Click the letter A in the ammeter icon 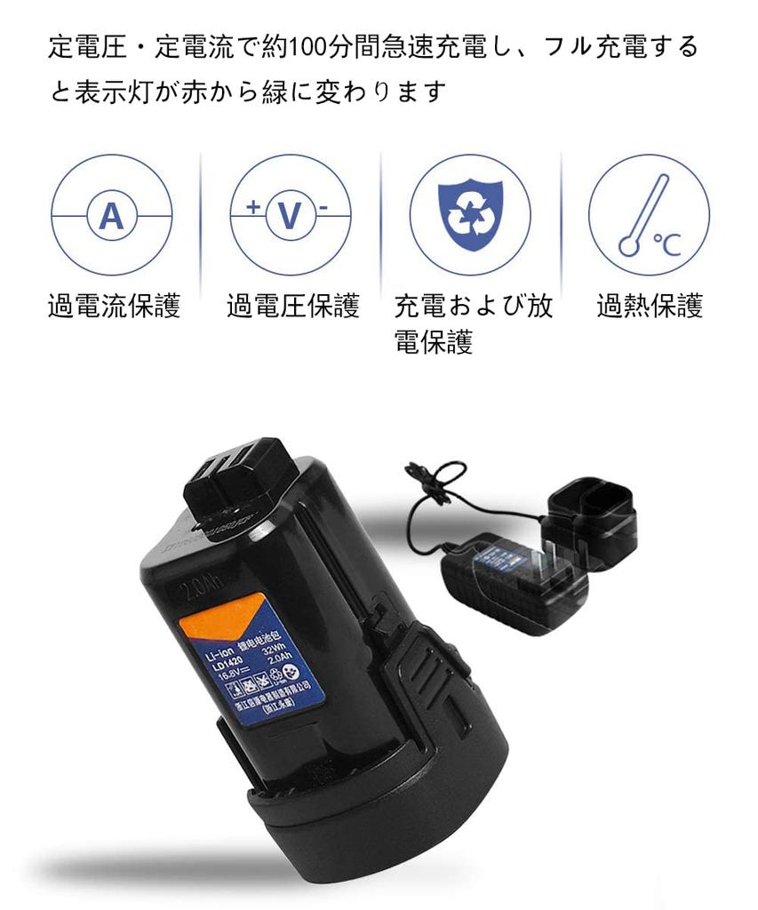pos(111,216)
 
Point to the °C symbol pos(666,243)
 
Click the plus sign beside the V pos(254,207)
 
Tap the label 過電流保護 pos(114,307)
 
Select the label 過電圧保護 pos(293,307)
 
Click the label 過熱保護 pos(650,307)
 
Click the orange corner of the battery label pos(213,625)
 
